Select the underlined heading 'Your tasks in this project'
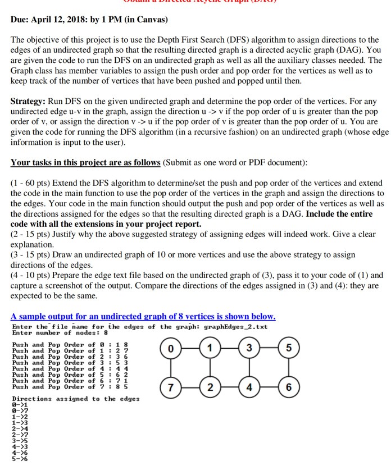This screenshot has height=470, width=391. coord(85,162)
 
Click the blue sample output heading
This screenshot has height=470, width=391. coord(143,316)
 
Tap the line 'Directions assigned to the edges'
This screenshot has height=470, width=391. coord(76,398)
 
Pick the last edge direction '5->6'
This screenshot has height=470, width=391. coord(20,458)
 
